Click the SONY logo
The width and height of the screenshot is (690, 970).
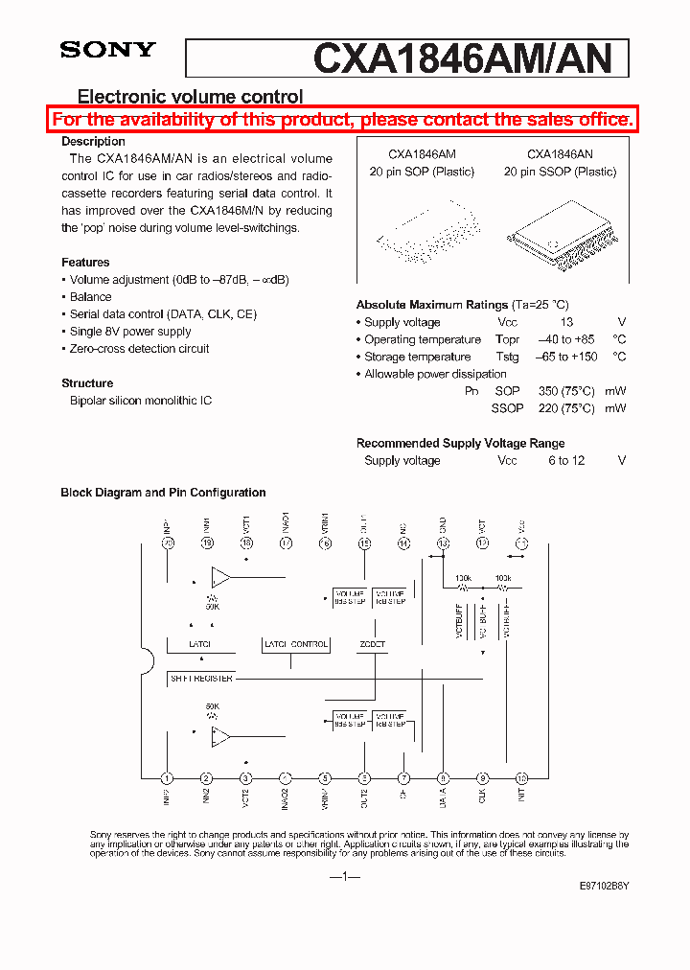click(107, 50)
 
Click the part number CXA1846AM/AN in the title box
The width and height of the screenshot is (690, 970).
click(462, 58)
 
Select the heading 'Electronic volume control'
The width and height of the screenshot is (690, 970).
click(190, 97)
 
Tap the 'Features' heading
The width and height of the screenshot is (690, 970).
click(85, 263)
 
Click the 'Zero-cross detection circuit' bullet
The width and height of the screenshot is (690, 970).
click(139, 349)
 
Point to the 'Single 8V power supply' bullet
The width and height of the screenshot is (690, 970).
click(130, 332)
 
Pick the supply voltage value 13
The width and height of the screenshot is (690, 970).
click(566, 323)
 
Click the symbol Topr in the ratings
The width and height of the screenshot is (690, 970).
click(507, 340)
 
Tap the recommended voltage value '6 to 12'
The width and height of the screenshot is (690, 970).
click(566, 461)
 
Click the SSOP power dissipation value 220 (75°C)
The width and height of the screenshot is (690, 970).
click(566, 408)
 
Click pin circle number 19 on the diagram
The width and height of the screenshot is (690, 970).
click(207, 543)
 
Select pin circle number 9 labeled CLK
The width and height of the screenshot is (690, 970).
click(482, 778)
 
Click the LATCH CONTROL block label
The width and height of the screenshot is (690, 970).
click(296, 645)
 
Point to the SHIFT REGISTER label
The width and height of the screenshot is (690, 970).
click(202, 679)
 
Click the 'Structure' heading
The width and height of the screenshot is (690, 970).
click(87, 383)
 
